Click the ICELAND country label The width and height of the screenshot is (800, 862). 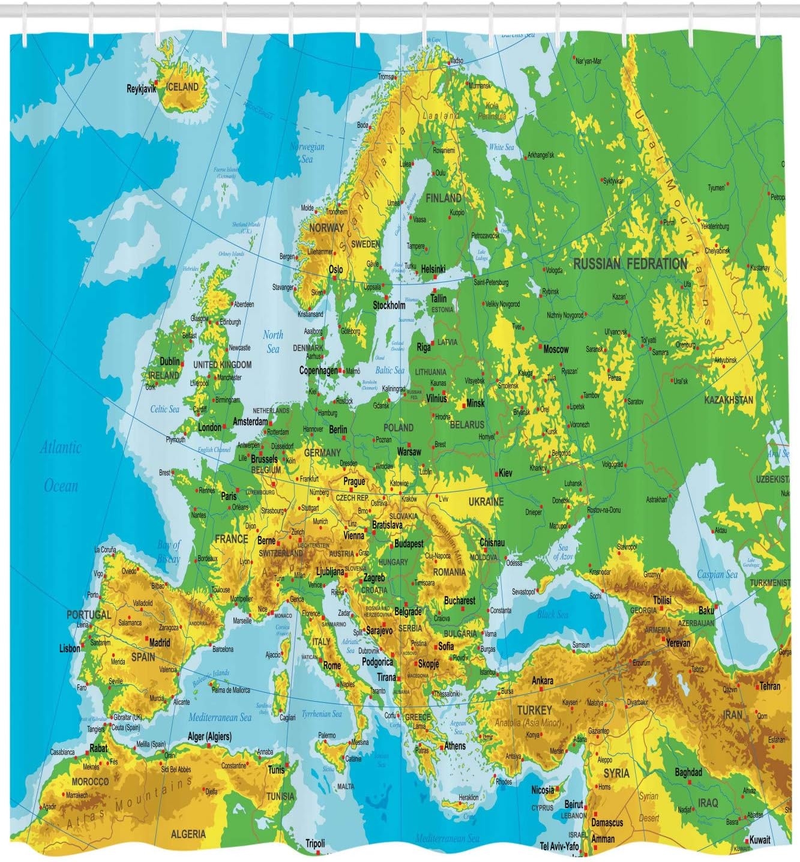(x=182, y=87)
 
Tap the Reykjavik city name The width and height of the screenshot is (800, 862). (x=142, y=89)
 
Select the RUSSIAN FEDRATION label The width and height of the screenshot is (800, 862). (x=630, y=264)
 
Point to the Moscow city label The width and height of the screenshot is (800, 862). (x=556, y=349)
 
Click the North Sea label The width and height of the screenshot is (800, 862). (x=273, y=342)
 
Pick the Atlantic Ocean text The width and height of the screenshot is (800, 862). (x=61, y=466)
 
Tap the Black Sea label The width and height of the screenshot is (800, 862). (x=553, y=615)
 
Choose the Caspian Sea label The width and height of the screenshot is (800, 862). (x=717, y=574)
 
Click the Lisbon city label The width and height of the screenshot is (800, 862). (x=70, y=648)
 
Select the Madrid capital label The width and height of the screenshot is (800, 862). (x=159, y=642)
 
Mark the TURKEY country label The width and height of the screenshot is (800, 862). (x=535, y=710)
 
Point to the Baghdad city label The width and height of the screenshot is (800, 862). (x=688, y=772)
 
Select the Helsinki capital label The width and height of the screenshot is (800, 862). (x=433, y=270)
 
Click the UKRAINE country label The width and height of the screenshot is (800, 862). (x=486, y=501)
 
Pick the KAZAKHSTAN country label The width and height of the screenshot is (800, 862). (x=729, y=400)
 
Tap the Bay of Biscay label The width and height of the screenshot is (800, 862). (x=169, y=552)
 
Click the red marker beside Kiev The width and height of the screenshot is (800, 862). (x=495, y=473)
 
